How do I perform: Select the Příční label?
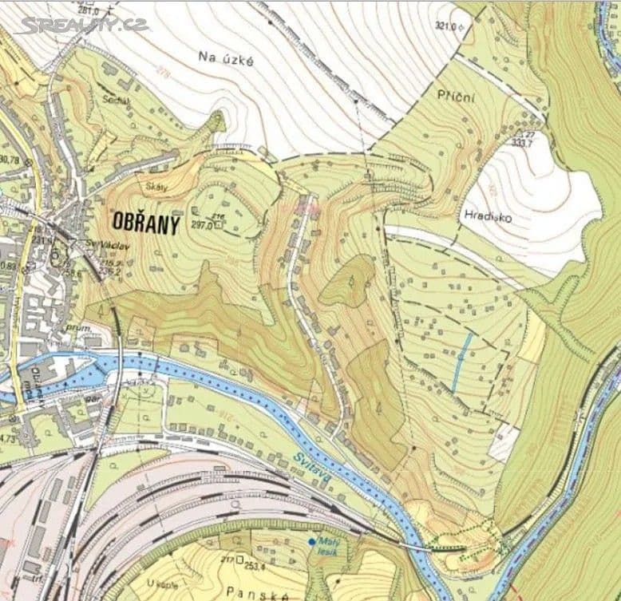456,96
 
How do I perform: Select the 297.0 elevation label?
201,225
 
